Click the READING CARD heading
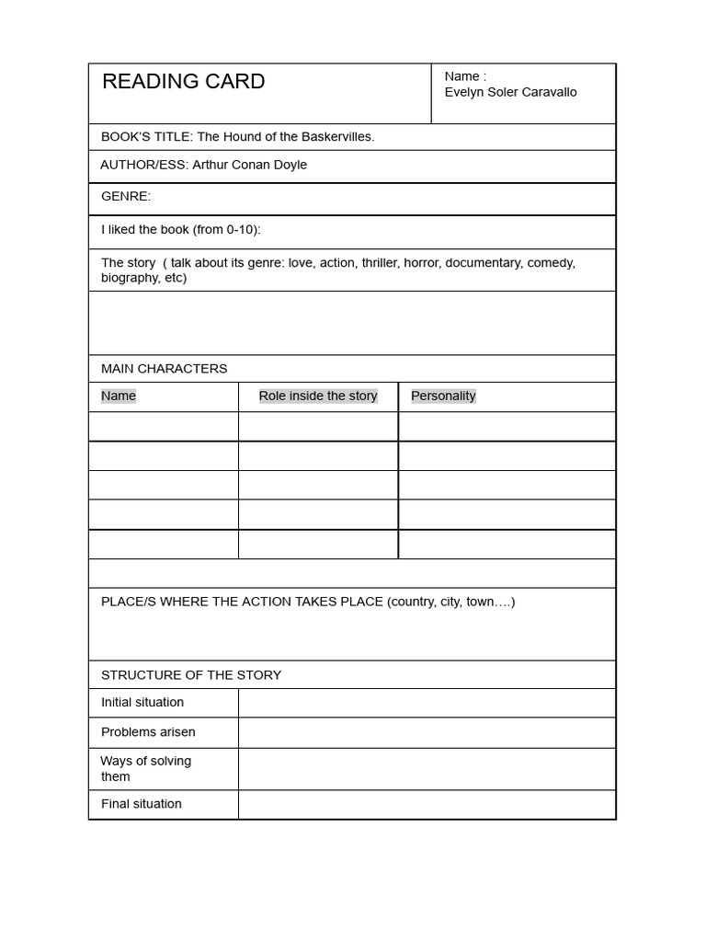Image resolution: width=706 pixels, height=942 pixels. pos(183,82)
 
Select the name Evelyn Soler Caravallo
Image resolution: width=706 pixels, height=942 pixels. pos(510,92)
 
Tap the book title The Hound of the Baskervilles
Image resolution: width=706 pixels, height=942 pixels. pos(285,136)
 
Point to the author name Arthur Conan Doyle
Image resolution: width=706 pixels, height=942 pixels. pos(249,165)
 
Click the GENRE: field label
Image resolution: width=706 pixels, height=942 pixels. pos(126,196)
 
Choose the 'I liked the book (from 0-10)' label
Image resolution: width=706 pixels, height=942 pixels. pos(180,229)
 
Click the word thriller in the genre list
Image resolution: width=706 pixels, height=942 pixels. pos(381,262)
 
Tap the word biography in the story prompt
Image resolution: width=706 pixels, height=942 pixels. pos(130,277)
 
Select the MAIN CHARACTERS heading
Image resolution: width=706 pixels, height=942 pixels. pos(164,368)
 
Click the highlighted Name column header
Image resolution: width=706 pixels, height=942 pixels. pos(119,396)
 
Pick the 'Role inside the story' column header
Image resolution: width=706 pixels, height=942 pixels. pos(318,396)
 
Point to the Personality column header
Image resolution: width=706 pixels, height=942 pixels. pos(443,396)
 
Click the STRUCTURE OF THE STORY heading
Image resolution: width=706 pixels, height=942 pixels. pos(191,674)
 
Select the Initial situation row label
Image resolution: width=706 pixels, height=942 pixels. pos(142,702)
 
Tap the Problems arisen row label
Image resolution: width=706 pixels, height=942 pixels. pos(148,731)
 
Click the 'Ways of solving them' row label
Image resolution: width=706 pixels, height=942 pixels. pos(145,768)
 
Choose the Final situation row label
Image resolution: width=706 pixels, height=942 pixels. pos(142,803)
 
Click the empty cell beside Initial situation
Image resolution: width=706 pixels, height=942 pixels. pos(427,703)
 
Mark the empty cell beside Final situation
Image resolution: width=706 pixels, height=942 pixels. pos(427,804)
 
